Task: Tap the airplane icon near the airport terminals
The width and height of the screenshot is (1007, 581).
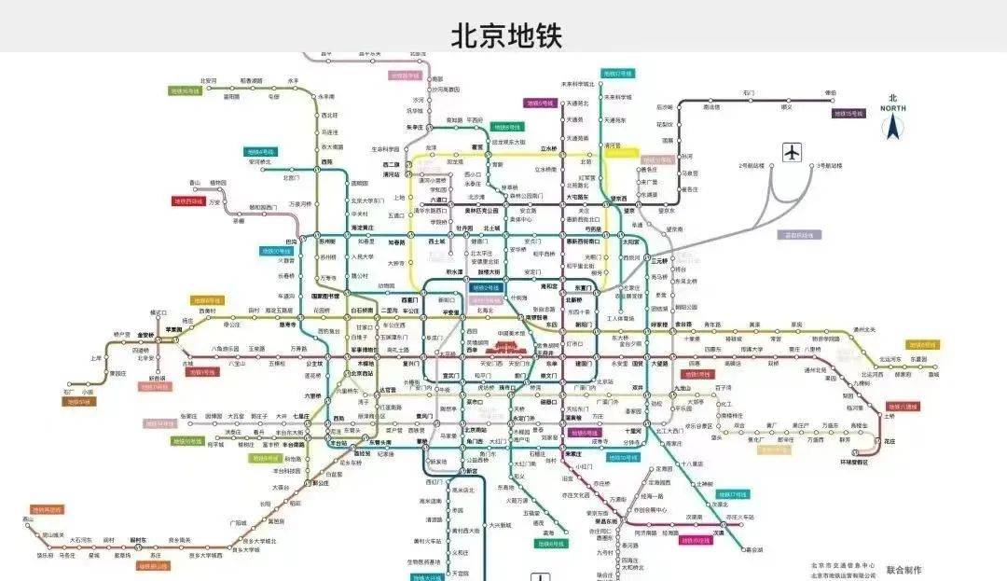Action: pyautogui.click(x=793, y=151)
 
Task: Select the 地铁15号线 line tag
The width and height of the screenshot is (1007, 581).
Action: pyautogui.click(x=850, y=114)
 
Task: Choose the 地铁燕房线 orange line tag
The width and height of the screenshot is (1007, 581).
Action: pyautogui.click(x=47, y=510)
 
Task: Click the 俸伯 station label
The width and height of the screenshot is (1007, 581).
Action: pyautogui.click(x=831, y=93)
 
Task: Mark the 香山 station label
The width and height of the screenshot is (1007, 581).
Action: pyautogui.click(x=195, y=182)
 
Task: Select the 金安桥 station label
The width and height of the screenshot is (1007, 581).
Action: pyautogui.click(x=145, y=335)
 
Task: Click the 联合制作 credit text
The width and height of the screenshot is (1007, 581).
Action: pyautogui.click(x=903, y=568)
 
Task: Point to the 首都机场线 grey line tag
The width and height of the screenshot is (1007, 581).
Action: pyautogui.click(x=798, y=235)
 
